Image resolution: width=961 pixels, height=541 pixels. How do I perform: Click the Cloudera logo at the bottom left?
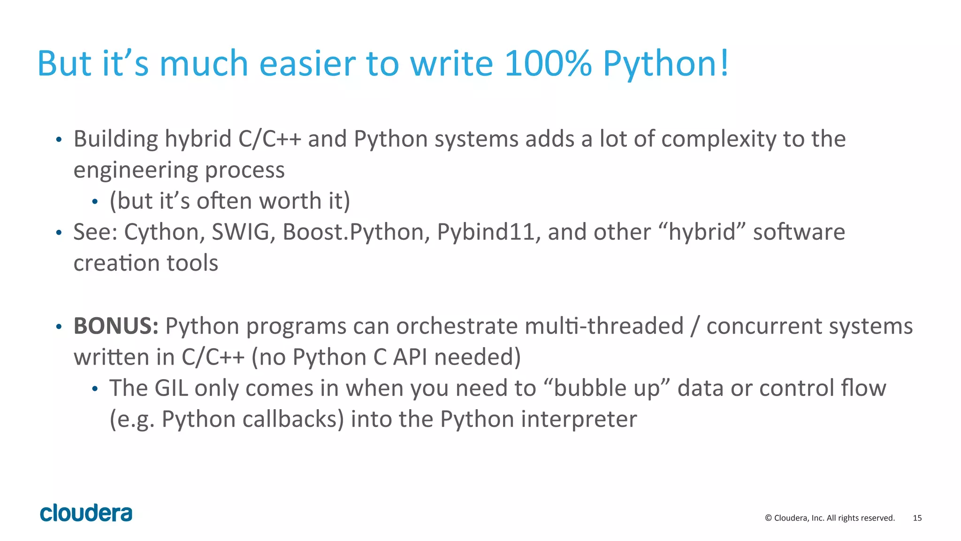(x=86, y=513)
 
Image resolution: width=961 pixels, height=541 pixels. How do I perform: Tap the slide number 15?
(x=917, y=518)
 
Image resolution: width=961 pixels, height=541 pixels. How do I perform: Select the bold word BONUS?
(x=116, y=326)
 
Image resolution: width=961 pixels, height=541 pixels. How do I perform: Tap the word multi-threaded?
(x=604, y=326)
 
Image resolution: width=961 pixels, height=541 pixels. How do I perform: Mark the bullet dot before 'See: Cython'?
(x=59, y=233)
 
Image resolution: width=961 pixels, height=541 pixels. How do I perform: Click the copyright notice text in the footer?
(x=830, y=518)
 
